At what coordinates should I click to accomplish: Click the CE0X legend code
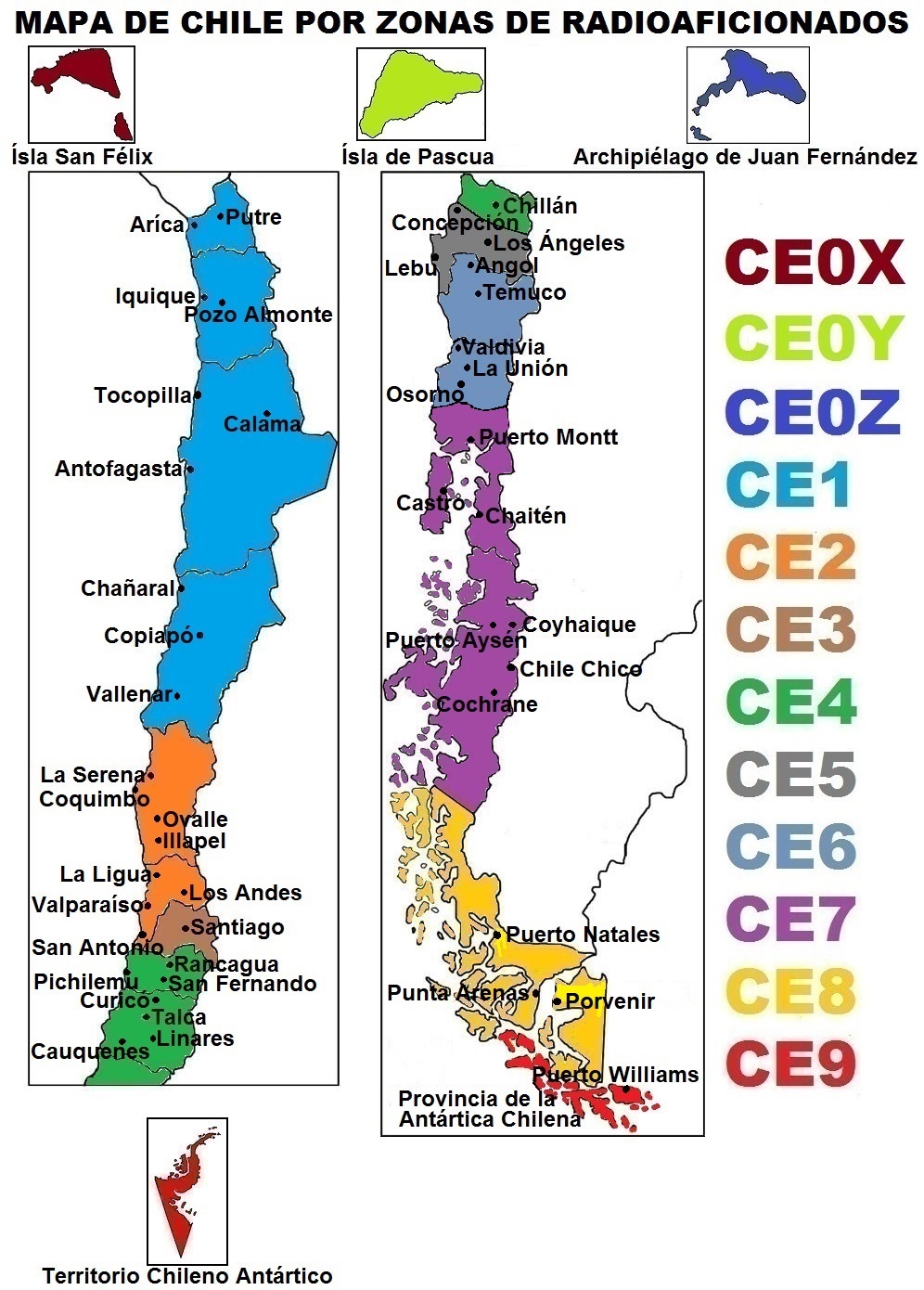tap(814, 263)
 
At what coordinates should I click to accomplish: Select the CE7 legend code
tap(790, 919)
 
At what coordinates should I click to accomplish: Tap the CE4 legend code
tap(790, 702)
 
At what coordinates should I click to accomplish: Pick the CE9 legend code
tap(790, 1064)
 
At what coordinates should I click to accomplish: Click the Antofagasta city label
tap(118, 469)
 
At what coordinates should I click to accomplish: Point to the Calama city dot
tap(266, 413)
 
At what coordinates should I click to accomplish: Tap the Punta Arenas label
tap(457, 993)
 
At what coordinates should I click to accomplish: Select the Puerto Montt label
tap(548, 437)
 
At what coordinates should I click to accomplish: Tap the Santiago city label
tap(237, 927)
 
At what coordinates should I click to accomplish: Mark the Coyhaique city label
tap(580, 625)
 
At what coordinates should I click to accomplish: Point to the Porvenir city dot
tap(557, 1001)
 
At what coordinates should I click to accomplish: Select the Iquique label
tap(155, 296)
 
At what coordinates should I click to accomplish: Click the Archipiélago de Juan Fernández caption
tap(745, 157)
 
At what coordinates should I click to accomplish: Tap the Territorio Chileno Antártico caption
tap(187, 1276)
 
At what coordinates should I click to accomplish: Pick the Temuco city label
tap(524, 292)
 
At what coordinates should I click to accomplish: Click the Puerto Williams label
tap(615, 1075)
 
